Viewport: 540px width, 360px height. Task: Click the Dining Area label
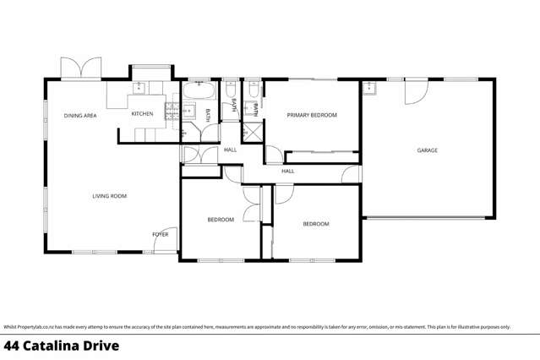[x=80, y=116]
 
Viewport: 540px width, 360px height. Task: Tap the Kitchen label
[x=140, y=113]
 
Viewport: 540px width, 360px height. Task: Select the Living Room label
[x=109, y=196]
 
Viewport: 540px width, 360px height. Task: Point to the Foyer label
[x=160, y=234]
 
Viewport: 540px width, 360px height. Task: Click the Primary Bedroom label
[x=312, y=115]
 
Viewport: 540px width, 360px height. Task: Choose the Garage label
[x=427, y=150]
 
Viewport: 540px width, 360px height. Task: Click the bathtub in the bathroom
[x=199, y=90]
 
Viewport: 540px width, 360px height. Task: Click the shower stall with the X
[x=253, y=134]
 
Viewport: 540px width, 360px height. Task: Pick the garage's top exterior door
[x=415, y=91]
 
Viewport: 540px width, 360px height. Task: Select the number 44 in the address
[x=12, y=346]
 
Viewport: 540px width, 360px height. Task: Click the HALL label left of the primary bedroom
[x=230, y=150]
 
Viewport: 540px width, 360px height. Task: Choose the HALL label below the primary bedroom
[x=287, y=172]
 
